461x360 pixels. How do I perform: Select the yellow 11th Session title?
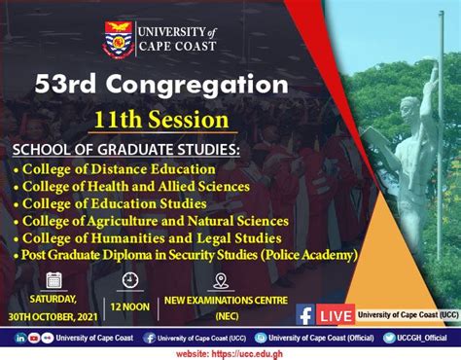click(161, 121)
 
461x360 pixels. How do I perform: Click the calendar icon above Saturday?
click(54, 280)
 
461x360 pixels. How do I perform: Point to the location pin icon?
click(220, 280)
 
